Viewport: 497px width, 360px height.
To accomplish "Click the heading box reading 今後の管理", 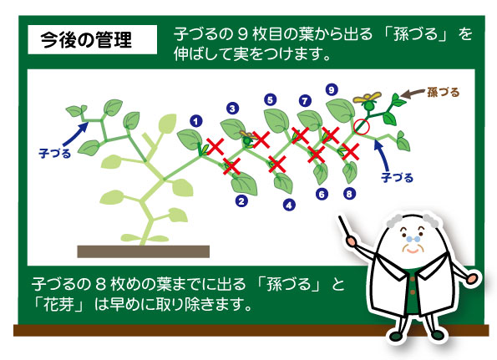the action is click(x=92, y=39).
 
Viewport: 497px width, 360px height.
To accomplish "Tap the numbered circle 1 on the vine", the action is click(x=196, y=121).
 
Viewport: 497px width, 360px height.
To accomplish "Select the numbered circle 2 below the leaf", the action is click(x=241, y=201).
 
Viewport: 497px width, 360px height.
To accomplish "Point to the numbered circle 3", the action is click(x=233, y=109).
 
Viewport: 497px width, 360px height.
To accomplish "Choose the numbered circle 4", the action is click(x=289, y=205).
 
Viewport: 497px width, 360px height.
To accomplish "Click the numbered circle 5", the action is click(x=270, y=100).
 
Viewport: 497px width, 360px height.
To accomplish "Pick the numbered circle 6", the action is click(x=322, y=194).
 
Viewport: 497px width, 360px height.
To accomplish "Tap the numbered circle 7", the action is click(x=305, y=101).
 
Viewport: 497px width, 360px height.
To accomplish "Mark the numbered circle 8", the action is click(x=349, y=193).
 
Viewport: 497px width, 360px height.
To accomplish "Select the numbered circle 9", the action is click(x=332, y=89).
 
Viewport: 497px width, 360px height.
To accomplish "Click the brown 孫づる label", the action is click(x=443, y=92).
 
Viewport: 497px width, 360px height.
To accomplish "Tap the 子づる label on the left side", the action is click(x=54, y=154).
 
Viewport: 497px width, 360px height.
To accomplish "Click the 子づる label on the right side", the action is click(x=397, y=177).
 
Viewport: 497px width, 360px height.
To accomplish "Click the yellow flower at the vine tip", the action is click(x=367, y=98).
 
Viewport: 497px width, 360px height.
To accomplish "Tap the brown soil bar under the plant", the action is click(x=144, y=251).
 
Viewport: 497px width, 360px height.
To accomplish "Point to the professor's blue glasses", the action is click(x=413, y=239).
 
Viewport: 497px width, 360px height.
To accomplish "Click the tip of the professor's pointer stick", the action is click(x=339, y=217).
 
